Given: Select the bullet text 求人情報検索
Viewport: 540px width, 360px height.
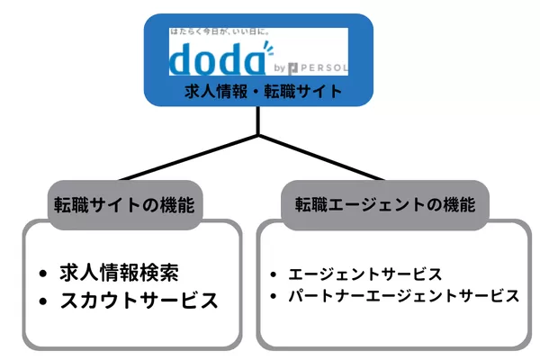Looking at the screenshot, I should point(125,273).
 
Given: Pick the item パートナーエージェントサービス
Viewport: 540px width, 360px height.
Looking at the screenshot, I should point(403,295).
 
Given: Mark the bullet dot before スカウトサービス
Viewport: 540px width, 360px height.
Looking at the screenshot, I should point(43,301).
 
